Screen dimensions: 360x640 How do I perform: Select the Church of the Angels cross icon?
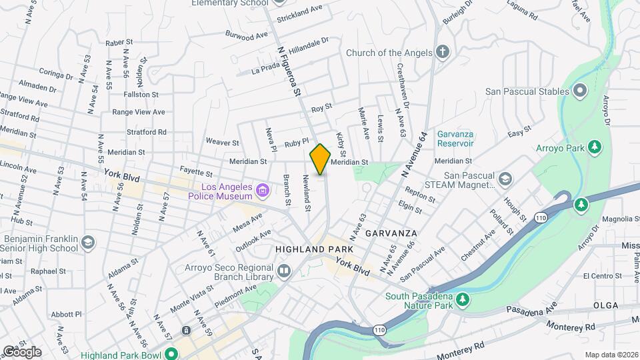[443, 53]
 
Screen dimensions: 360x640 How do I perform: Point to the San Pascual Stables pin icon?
[579, 91]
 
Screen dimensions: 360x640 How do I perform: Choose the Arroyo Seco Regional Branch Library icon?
[284, 271]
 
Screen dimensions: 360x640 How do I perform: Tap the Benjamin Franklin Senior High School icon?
[88, 243]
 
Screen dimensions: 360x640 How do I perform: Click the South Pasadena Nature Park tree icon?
[459, 305]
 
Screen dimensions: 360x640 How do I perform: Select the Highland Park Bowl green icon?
[171, 354]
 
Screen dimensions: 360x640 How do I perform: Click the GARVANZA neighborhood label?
[391, 233]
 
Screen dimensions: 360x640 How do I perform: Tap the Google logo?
[21, 351]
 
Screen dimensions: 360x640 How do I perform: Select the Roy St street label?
[321, 107]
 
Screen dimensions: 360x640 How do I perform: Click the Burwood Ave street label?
[246, 34]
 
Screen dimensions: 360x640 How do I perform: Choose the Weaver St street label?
[223, 142]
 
